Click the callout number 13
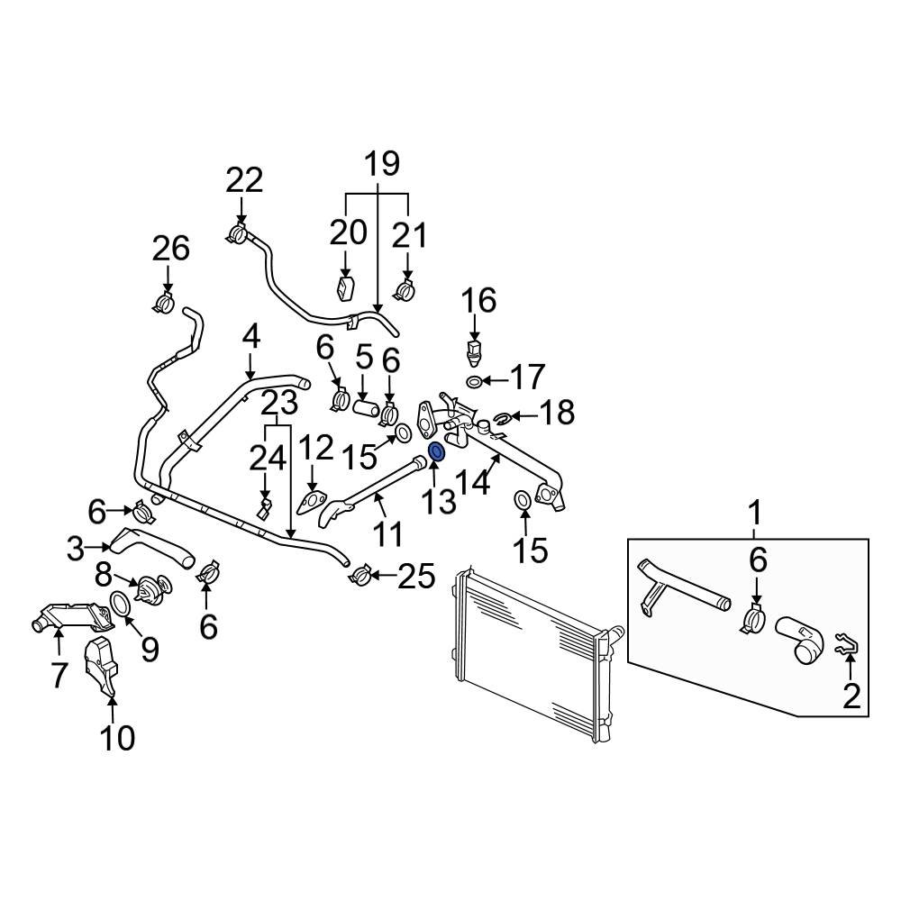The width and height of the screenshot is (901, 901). [x=441, y=501]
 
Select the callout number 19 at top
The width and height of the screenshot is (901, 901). [x=382, y=164]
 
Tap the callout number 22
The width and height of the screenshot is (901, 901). [x=243, y=180]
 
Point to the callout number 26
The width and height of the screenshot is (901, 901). [x=170, y=248]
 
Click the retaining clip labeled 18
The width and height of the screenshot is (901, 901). [x=504, y=416]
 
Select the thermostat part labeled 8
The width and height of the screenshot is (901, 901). [x=144, y=590]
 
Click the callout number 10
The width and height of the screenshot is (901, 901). [x=117, y=738]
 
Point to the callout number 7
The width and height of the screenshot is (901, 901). [x=59, y=674]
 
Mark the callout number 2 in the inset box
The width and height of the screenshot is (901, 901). [x=851, y=696]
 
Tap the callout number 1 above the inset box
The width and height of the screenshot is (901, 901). [x=756, y=514]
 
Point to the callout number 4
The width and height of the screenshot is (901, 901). [x=250, y=337]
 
